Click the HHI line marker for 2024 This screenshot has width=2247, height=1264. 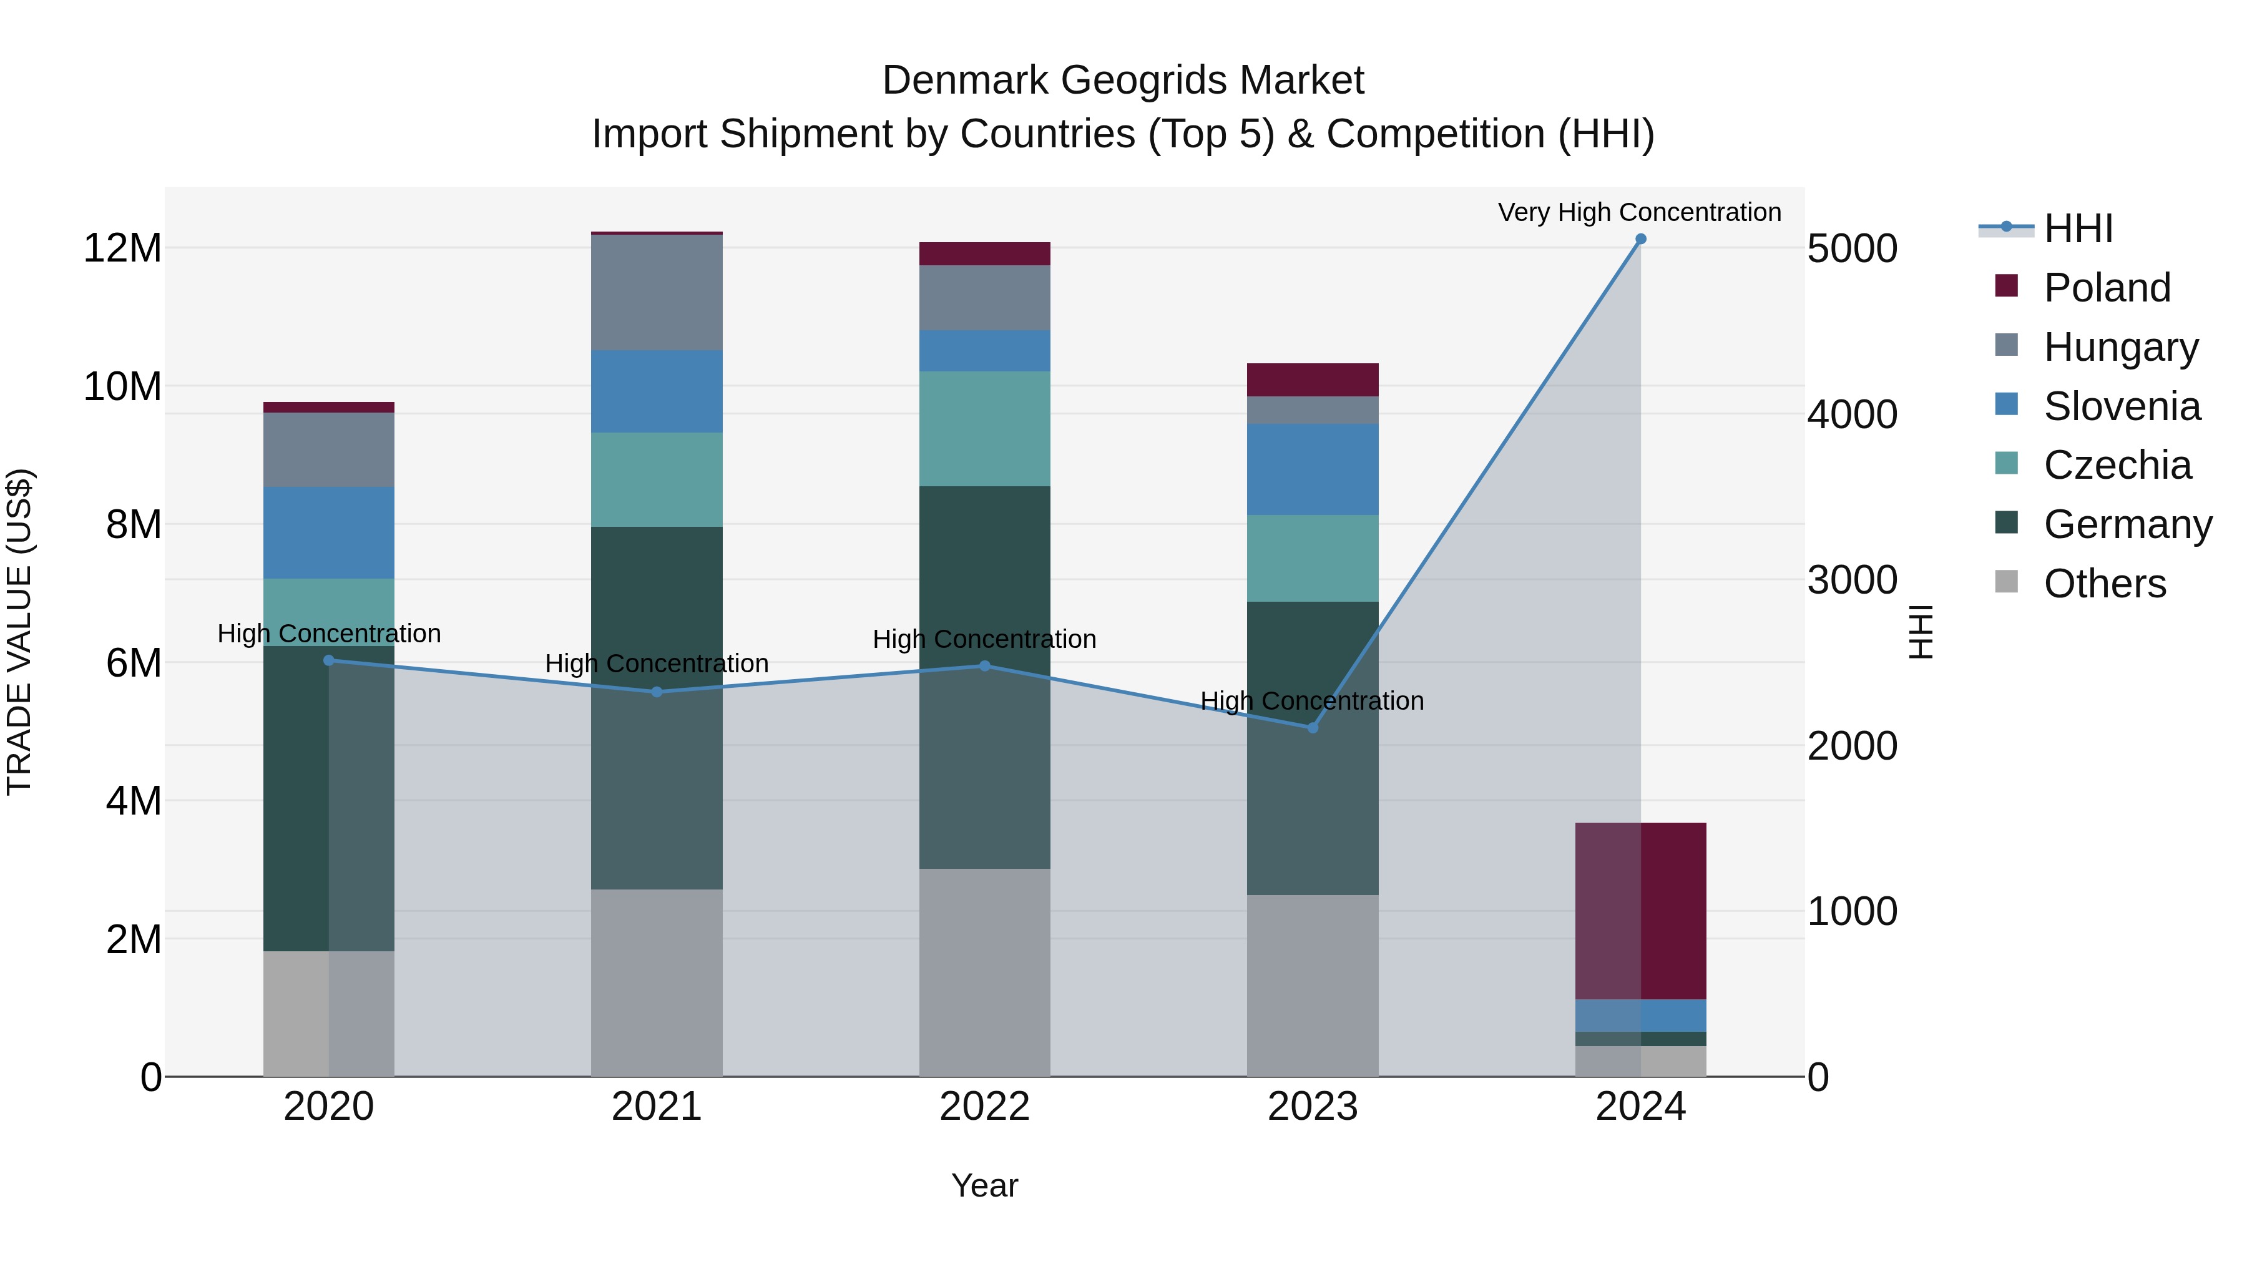coord(1640,239)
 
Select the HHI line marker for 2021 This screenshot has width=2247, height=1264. coord(657,692)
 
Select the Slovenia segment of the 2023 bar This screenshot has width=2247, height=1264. coord(1312,469)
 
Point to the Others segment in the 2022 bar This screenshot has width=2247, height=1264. coord(985,972)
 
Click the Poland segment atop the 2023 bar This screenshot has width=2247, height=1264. coord(1312,380)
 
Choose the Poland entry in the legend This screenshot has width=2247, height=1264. coord(2106,288)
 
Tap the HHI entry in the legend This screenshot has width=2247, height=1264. coord(2078,228)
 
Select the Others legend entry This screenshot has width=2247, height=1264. coord(2104,584)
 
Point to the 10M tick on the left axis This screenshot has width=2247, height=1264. coord(122,386)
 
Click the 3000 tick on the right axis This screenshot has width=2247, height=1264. coord(1852,580)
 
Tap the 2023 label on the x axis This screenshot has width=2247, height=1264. coord(1312,1107)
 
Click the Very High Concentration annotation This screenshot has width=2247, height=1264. coord(1639,212)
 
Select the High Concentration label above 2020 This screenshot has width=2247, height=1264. coord(329,634)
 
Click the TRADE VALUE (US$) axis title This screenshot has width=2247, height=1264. coord(19,632)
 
